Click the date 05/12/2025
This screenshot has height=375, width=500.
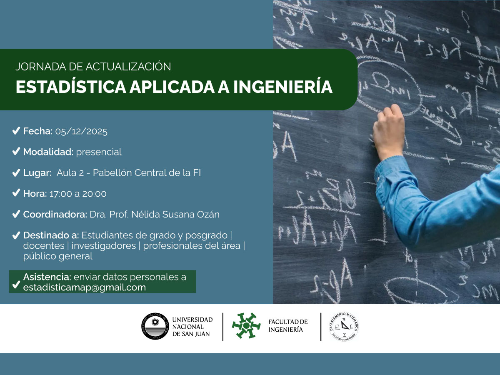coord(81,132)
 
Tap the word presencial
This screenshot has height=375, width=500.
coord(99,152)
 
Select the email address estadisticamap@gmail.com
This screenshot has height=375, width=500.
coord(85,287)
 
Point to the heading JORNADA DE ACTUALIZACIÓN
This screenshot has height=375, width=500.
coord(93,66)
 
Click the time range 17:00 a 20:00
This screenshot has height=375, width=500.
coord(78,194)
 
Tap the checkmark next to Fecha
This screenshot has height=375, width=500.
coord(16,131)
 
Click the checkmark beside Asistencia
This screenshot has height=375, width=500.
coord(16,284)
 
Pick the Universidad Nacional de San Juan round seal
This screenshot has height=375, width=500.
coord(155,326)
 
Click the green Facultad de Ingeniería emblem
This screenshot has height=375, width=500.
coord(246,325)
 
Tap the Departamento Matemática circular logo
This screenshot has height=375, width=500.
coord(344,326)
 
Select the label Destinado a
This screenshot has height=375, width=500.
coord(51,235)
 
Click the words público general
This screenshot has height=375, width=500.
coord(58,257)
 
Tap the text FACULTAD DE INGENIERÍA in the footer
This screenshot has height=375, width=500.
coord(288,325)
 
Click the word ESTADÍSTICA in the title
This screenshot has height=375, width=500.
coord(70,87)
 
